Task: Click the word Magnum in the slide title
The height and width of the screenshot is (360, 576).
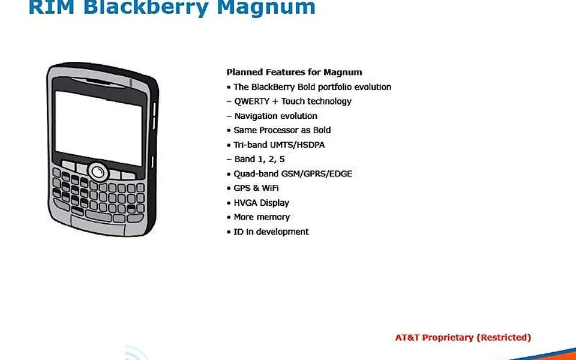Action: (266, 7)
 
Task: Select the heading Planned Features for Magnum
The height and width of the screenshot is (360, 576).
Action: (294, 72)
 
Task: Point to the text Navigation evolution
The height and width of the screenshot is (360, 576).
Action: (276, 116)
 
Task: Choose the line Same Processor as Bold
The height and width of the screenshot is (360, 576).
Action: (282, 130)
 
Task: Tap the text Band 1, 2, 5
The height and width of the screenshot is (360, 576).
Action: (259, 160)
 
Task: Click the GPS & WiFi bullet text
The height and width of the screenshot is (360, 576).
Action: (256, 188)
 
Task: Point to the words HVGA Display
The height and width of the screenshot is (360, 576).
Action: (262, 203)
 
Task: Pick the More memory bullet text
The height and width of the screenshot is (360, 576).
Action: (262, 217)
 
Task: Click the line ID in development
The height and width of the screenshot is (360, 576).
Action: (271, 232)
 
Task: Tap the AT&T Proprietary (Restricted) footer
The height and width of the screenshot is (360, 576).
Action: (463, 338)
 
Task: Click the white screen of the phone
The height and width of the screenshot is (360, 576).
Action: (98, 128)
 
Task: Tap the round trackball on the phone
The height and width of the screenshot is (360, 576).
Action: (98, 172)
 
